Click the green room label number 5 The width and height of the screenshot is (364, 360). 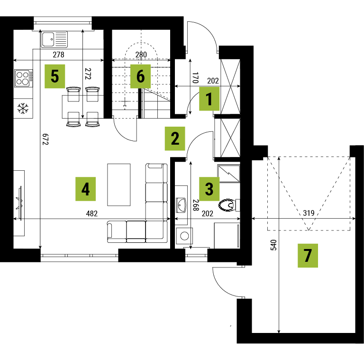click(55, 76)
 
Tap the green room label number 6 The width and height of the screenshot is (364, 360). click(140, 76)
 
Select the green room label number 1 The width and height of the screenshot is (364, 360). click(209, 99)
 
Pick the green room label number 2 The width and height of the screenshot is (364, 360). click(175, 138)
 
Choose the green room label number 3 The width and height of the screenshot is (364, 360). click(209, 189)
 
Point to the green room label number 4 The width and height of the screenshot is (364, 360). click(85, 189)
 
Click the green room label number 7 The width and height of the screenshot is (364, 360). click(308, 256)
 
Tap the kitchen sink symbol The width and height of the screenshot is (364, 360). click(55, 39)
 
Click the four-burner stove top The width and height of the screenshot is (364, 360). click(23, 78)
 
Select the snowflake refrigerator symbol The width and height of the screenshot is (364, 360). click(23, 109)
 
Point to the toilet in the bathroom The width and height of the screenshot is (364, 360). click(229, 205)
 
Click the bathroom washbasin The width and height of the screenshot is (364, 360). click(181, 205)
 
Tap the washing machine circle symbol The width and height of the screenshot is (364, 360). click(184, 236)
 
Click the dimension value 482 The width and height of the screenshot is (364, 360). click(91, 213)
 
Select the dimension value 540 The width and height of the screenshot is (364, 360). click(274, 245)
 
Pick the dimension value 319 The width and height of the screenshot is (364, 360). click(309, 213)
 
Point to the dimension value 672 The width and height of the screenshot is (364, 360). click(45, 139)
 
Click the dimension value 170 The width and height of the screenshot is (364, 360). click(195, 78)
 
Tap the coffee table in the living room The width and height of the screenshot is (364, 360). click(118, 185)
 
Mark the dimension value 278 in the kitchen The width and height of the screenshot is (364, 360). click(58, 55)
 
